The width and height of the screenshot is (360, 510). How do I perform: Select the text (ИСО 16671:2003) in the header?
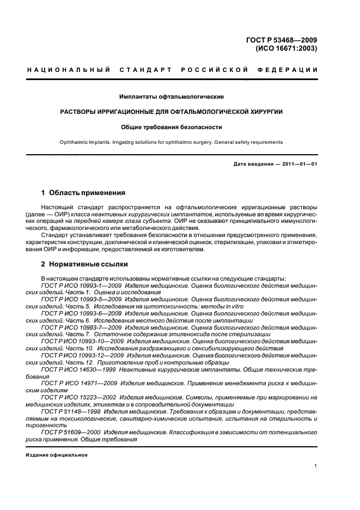tap(286, 48)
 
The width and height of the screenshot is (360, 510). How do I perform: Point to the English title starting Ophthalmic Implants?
tap(172, 142)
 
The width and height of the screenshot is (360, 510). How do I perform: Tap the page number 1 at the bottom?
tap(316, 465)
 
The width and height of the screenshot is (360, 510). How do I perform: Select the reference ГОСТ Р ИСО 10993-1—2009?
tap(81, 285)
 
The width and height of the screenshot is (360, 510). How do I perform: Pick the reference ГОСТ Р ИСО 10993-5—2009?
tap(81, 299)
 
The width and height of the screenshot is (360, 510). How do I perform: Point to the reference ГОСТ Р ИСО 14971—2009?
tap(77, 384)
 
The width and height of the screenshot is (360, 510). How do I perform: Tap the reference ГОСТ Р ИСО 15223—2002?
tap(77, 398)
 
